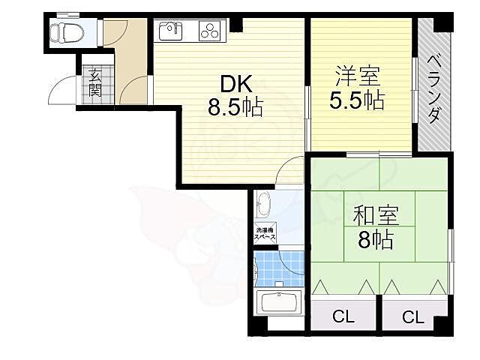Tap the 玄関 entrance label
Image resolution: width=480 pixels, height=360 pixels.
point(95,82)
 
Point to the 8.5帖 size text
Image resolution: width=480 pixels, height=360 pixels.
point(235,108)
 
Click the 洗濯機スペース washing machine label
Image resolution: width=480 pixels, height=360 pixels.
point(265,233)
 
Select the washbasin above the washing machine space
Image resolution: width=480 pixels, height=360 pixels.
point(263,205)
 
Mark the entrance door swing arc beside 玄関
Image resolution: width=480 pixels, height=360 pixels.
point(64,94)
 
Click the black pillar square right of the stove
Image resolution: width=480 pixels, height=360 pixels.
point(237,24)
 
